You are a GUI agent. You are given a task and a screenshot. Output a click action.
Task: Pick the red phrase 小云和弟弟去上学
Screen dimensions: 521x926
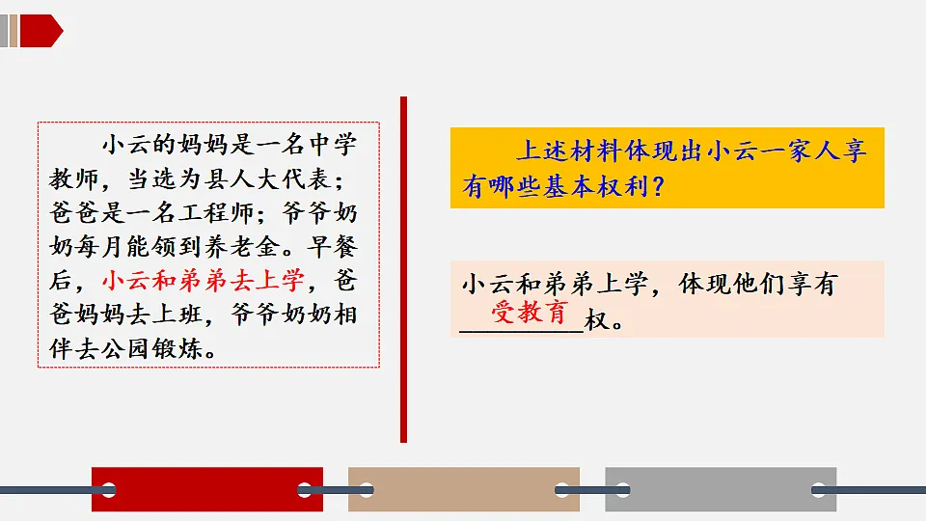(203, 282)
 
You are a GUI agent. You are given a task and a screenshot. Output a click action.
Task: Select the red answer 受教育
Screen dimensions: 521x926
(531, 313)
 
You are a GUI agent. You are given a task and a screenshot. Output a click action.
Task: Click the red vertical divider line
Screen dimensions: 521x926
(403, 269)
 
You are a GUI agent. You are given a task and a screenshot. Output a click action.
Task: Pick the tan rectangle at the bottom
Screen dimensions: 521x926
(463, 489)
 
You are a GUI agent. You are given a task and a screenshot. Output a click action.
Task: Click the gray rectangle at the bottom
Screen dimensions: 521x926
(720, 489)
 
